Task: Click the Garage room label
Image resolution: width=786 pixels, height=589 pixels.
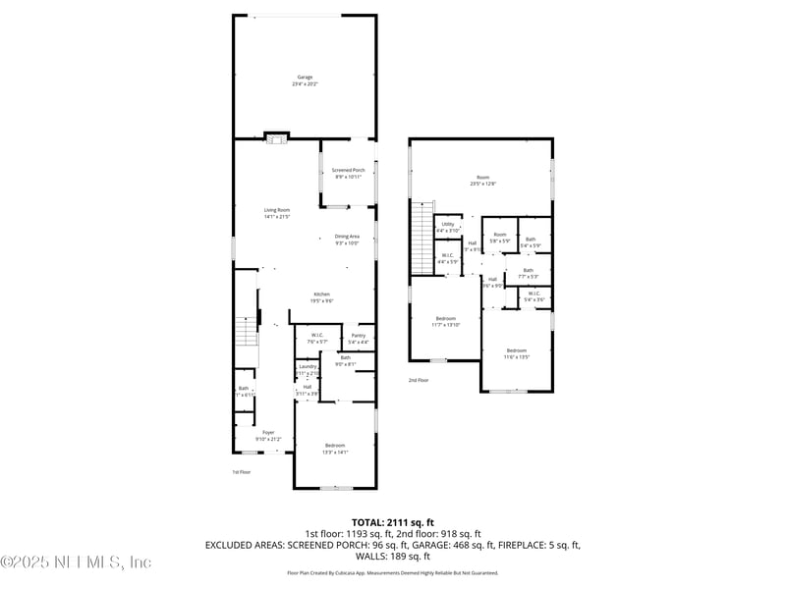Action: pyautogui.click(x=305, y=80)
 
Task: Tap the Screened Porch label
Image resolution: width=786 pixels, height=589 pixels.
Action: pyautogui.click(x=348, y=174)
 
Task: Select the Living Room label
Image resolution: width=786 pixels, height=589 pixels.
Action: pyautogui.click(x=276, y=213)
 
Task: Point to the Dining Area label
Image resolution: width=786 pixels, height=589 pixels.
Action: pyautogui.click(x=347, y=239)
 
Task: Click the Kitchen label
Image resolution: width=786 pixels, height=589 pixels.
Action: pyautogui.click(x=321, y=297)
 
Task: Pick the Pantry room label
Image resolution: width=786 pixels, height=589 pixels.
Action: pyautogui.click(x=359, y=338)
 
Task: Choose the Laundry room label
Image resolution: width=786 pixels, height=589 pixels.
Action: pyautogui.click(x=309, y=369)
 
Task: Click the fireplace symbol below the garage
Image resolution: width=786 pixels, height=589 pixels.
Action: pyautogui.click(x=277, y=138)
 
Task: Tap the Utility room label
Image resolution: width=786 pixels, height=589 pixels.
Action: pyautogui.click(x=448, y=227)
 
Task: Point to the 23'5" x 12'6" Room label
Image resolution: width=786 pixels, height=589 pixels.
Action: pyautogui.click(x=482, y=181)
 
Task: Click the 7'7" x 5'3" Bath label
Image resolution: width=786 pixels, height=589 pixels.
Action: pyautogui.click(x=529, y=274)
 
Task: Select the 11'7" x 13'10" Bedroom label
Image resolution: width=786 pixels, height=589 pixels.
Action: pyautogui.click(x=446, y=321)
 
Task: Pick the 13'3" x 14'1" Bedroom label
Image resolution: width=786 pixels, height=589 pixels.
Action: pyautogui.click(x=334, y=449)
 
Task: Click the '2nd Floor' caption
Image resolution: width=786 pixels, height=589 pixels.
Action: pyautogui.click(x=419, y=380)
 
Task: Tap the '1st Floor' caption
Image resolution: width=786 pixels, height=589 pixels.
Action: pyautogui.click(x=242, y=472)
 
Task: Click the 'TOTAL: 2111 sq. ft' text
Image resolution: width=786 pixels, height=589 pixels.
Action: pyautogui.click(x=393, y=522)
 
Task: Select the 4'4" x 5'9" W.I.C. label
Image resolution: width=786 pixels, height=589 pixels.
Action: pyautogui.click(x=448, y=259)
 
